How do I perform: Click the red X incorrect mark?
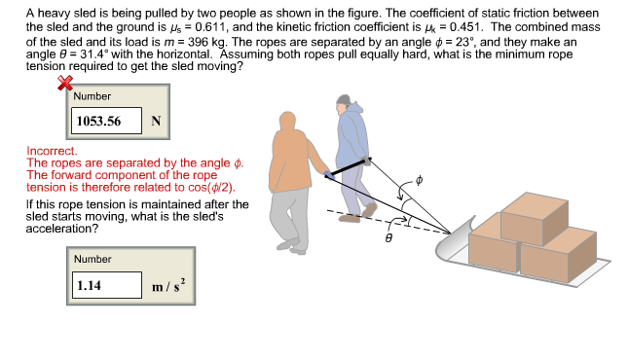coord(67,86)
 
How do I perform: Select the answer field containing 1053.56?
coord(107,122)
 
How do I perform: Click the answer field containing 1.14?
coord(107,285)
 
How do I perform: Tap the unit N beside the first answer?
coord(157,122)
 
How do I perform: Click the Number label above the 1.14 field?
coord(93,260)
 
